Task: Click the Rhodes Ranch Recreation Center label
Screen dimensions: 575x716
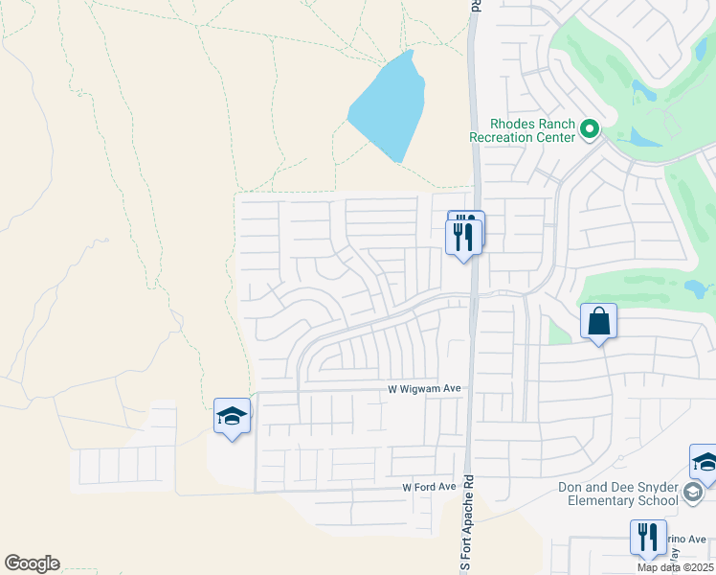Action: point(522,130)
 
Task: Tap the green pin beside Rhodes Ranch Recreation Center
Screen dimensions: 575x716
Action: point(591,128)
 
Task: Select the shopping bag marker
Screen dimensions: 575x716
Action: point(598,322)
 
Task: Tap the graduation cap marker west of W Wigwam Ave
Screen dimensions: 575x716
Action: point(232,416)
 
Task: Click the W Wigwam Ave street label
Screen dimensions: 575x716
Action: point(425,389)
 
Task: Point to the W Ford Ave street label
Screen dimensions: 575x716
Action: point(429,488)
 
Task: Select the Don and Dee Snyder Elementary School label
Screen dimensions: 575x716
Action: point(618,494)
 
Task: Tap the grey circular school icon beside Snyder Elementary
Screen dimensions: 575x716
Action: point(693,493)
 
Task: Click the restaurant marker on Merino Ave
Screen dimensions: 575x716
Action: point(648,538)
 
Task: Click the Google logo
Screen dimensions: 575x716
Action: point(32,563)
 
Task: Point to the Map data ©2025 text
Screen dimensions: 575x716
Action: point(675,567)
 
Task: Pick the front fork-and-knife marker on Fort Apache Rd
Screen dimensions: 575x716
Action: point(463,237)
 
